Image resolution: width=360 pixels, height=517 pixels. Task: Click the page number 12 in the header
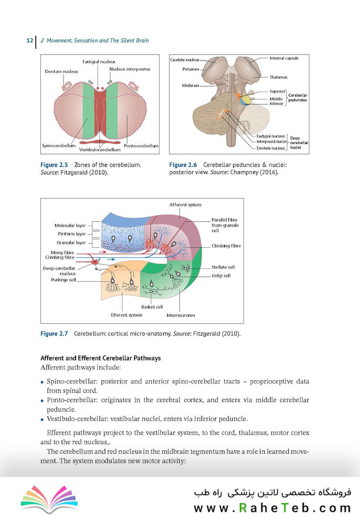pyautogui.click(x=30, y=41)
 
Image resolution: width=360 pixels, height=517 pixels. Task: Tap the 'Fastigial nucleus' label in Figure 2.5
pyautogui.click(x=99, y=62)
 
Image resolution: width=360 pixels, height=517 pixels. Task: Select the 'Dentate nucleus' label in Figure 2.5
pyautogui.click(x=62, y=71)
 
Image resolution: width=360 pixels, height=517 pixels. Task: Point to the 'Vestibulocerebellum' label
pyautogui.click(x=100, y=149)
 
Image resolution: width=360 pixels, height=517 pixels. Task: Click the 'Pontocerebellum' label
pyautogui.click(x=141, y=146)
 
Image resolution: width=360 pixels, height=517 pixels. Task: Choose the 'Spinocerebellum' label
pyautogui.click(x=58, y=145)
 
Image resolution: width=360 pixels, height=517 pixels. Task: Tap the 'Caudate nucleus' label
pyautogui.click(x=184, y=60)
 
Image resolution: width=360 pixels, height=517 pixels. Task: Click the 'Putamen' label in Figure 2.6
pyautogui.click(x=191, y=69)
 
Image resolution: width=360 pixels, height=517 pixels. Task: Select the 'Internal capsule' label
pyautogui.click(x=284, y=58)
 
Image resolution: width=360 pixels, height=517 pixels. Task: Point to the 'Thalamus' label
pyautogui.click(x=278, y=77)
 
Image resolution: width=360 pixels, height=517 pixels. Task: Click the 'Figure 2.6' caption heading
pyautogui.click(x=183, y=165)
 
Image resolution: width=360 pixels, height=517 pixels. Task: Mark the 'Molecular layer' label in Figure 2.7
pyautogui.click(x=70, y=226)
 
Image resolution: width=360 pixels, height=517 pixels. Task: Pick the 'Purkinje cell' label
pyautogui.click(x=63, y=280)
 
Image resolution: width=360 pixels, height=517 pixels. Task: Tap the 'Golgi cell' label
pyautogui.click(x=221, y=276)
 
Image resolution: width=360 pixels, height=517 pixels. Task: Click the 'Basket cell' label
pyautogui.click(x=152, y=307)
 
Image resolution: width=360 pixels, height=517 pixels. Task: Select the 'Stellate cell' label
pyautogui.click(x=223, y=267)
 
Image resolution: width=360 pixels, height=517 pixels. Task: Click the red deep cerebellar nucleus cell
pyautogui.click(x=95, y=262)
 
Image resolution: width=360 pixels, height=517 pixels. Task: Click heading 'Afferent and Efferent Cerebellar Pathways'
pyautogui.click(x=101, y=358)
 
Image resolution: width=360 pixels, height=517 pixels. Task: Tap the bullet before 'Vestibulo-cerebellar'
pyautogui.click(x=42, y=420)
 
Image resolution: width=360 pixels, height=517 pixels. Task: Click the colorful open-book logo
pyautogui.click(x=49, y=498)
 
